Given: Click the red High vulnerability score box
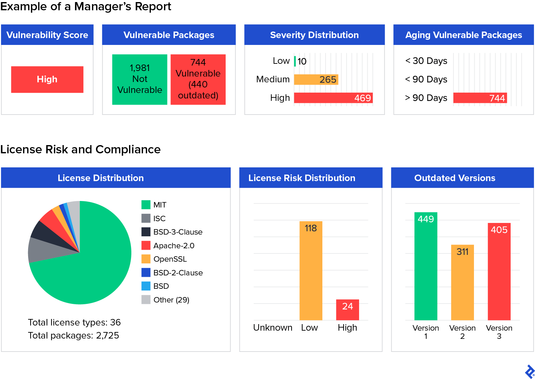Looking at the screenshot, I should click(x=47, y=79).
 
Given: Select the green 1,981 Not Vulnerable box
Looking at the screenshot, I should click(x=140, y=79).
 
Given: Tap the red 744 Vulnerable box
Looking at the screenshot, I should click(x=198, y=79).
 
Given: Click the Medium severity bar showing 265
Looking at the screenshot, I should click(x=316, y=80).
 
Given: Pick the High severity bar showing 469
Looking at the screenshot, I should click(x=333, y=98).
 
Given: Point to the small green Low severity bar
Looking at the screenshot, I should click(x=295, y=61).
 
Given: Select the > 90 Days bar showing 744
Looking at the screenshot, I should click(x=480, y=98).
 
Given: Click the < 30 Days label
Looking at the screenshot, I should click(x=426, y=61).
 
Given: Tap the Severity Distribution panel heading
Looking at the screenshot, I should click(x=314, y=35).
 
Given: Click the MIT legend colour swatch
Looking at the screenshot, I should click(x=146, y=205).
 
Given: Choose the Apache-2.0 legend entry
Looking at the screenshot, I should click(x=174, y=246).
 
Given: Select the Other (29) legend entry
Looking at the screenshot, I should click(x=171, y=300).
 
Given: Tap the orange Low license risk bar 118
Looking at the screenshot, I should click(x=311, y=271).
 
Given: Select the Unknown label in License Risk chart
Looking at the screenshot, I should click(x=273, y=328).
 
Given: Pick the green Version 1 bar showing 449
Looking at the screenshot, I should click(x=426, y=268).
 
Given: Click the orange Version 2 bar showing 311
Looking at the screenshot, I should click(x=462, y=283).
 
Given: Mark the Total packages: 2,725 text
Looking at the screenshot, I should click(x=73, y=335).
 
